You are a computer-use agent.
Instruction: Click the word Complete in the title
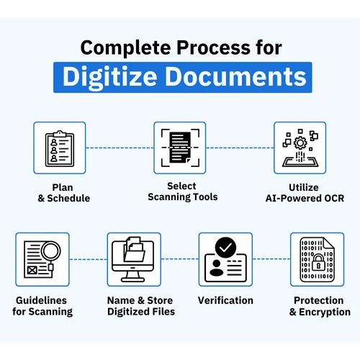pos(126,48)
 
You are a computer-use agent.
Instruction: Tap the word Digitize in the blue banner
pos(110,77)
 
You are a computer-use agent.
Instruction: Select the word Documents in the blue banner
pos(236,76)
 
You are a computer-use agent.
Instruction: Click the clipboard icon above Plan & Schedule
pos(60,148)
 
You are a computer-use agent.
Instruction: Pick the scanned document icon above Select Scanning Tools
pos(180,148)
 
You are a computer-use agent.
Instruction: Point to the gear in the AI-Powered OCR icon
pos(300,143)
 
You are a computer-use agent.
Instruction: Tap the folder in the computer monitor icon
pos(134,253)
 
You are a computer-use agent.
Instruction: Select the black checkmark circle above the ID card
pos(225,248)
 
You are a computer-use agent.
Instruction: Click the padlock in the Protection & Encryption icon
pos(318,263)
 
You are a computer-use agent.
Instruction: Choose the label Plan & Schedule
pos(63,193)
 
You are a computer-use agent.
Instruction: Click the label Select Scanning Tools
pos(183,192)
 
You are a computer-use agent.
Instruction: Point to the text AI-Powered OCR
pos(305,198)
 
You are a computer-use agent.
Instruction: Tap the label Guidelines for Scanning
pos(42,306)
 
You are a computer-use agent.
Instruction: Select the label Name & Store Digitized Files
pos(141,306)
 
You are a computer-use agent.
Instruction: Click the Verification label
pos(225,300)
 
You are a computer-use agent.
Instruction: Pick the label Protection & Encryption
pos(320,307)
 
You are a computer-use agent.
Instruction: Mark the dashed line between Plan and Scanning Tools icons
pos(120,148)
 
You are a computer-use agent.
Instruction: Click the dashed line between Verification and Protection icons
pos(271,259)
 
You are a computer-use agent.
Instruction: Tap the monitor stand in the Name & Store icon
pos(133,276)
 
